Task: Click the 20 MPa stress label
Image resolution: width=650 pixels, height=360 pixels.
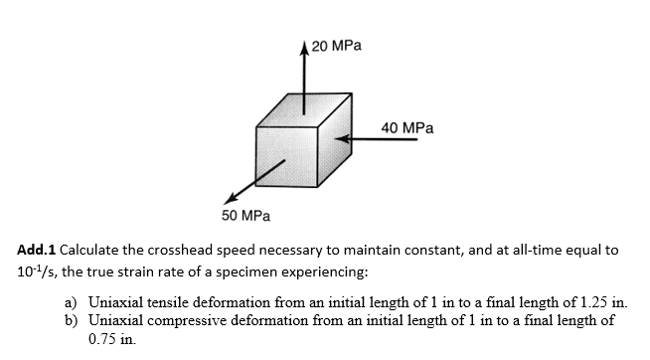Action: click(x=335, y=46)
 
